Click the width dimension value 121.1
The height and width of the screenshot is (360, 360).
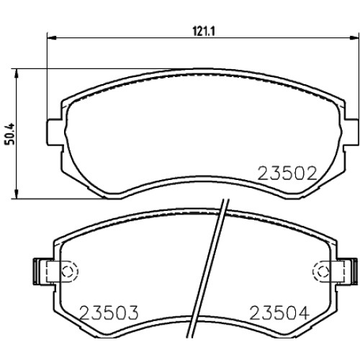click(x=204, y=31)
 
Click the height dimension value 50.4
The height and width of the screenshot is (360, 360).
click(x=10, y=134)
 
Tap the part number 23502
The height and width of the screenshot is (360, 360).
click(x=287, y=174)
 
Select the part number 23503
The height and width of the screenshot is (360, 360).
click(x=109, y=312)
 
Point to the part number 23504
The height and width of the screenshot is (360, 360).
click(x=279, y=313)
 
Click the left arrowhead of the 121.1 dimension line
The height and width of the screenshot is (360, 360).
click(x=52, y=37)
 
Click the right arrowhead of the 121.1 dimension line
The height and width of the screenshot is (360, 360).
click(x=354, y=37)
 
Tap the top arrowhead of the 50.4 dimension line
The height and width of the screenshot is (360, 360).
click(x=17, y=73)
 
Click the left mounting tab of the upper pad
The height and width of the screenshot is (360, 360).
click(x=54, y=132)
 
